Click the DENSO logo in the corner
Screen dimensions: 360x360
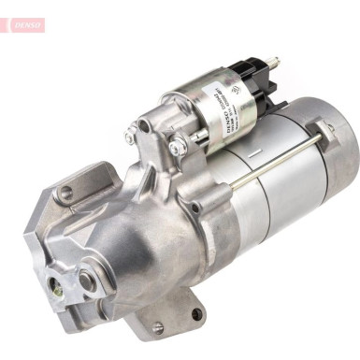click(x=22, y=24)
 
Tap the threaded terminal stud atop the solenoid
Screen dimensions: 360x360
click(x=275, y=64)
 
